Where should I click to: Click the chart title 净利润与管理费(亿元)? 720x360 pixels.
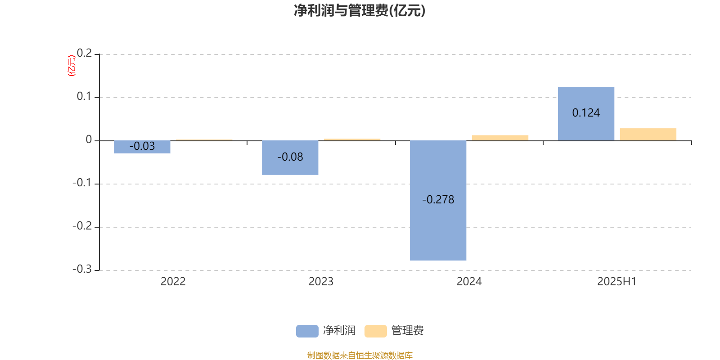[360, 11]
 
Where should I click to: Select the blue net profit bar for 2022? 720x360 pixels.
[142, 147]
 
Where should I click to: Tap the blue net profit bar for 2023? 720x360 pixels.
[290, 158]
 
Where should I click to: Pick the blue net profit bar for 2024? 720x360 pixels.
[438, 201]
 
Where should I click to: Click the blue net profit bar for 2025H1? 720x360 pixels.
[586, 114]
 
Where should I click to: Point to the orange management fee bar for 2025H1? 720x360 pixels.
[648, 135]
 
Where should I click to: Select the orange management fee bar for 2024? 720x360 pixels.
[500, 138]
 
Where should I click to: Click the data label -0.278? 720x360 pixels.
[438, 200]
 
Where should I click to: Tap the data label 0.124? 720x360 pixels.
[586, 113]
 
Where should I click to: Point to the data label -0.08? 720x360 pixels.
[290, 157]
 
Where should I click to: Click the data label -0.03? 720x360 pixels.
[142, 146]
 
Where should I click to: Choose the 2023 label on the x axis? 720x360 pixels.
[321, 282]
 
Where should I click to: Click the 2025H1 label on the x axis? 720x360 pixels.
[617, 282]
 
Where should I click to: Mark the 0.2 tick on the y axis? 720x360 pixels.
[84, 53]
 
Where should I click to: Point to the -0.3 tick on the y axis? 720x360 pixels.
[82, 269]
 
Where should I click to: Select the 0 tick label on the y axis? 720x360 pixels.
[89, 139]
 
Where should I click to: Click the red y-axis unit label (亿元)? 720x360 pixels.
[72, 66]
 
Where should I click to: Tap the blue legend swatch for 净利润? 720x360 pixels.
[307, 331]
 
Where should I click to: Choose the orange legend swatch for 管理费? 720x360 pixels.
[375, 331]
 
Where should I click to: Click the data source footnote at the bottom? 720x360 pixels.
[360, 355]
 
